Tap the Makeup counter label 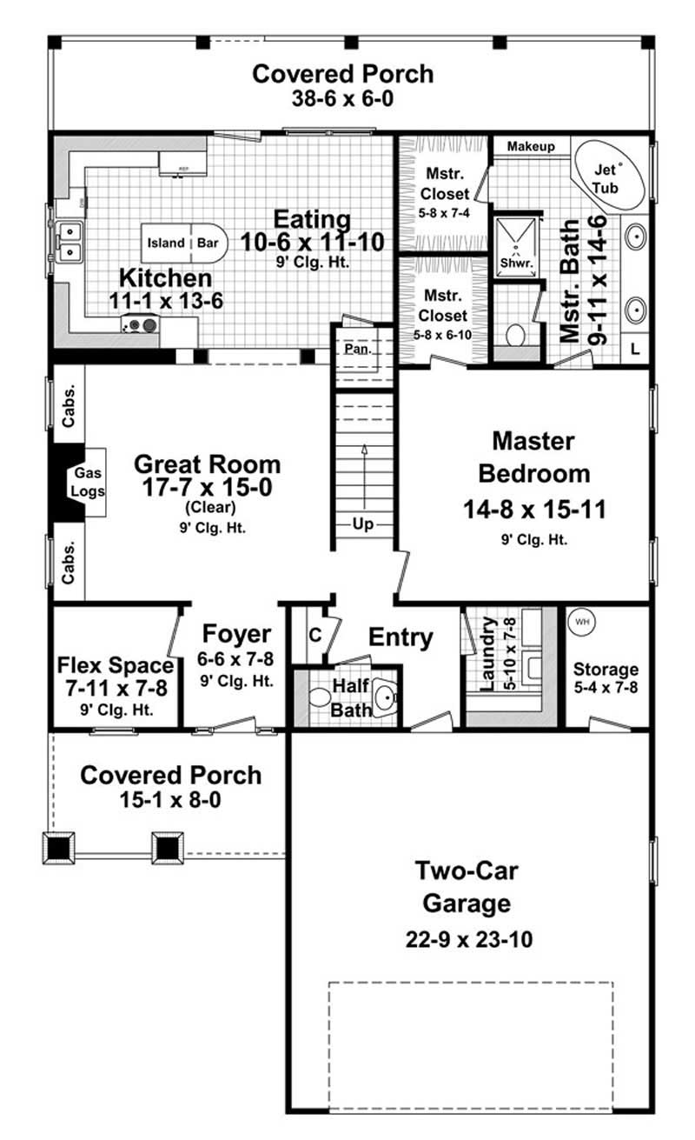[x=531, y=146]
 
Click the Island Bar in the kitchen [x=183, y=243]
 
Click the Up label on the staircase [x=363, y=523]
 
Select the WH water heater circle [x=580, y=623]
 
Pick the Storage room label [x=606, y=670]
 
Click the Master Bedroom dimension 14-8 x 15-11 [x=534, y=509]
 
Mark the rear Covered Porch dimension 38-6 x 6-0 [x=342, y=98]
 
